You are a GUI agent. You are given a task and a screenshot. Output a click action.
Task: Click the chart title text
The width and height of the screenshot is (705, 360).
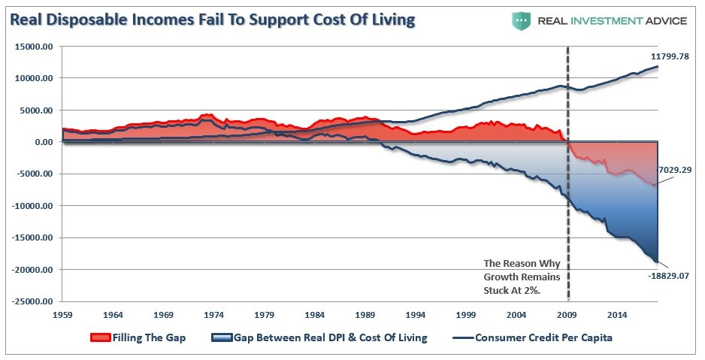212,19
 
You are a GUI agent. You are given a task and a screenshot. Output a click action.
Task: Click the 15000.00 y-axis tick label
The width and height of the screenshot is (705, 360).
32,47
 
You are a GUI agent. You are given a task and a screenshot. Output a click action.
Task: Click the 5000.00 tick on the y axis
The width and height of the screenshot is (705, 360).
35,110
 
